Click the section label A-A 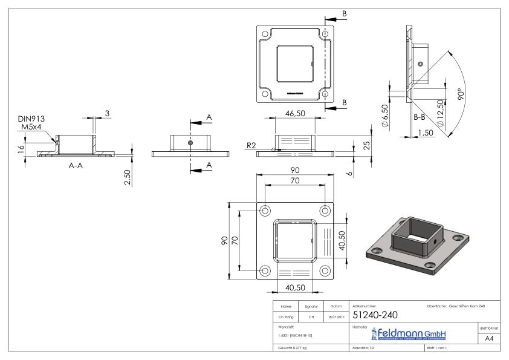click(76, 165)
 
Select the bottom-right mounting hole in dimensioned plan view click(326, 270)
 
